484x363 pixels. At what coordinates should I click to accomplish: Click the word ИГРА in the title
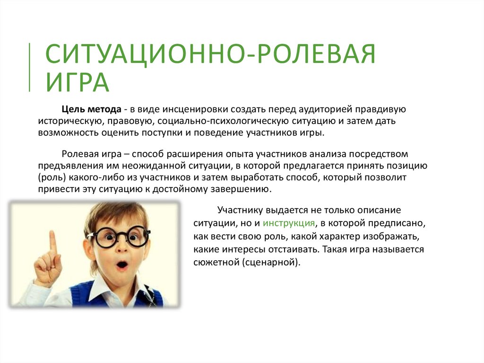78,82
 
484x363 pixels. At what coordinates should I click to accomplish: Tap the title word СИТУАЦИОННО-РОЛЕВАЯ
210,53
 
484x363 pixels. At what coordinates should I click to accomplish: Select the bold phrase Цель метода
91,109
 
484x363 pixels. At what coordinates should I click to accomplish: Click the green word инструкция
289,223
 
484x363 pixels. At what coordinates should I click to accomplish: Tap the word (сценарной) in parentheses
271,263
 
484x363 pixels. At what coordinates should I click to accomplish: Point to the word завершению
241,189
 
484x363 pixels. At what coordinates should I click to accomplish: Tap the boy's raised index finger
53,245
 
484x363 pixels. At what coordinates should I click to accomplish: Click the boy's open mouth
122,265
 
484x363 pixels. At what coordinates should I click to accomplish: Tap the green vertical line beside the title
30,67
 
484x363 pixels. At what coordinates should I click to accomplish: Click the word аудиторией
321,109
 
